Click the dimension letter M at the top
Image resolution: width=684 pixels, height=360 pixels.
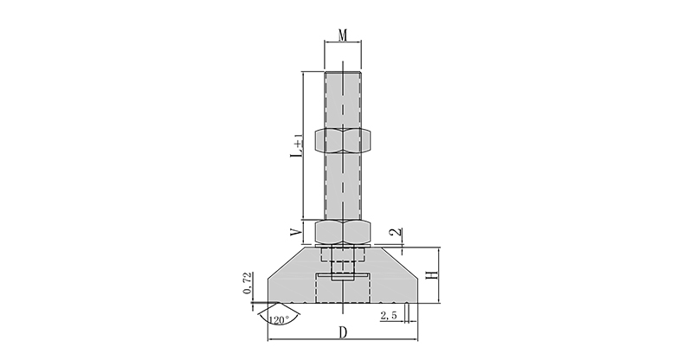click(343, 35)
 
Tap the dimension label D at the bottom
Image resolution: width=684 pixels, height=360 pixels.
click(344, 332)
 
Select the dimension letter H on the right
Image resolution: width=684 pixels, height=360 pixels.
click(432, 275)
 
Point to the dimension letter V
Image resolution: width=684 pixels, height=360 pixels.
click(297, 232)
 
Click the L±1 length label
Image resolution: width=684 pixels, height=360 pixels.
click(298, 146)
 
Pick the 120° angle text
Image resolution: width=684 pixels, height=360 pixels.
click(279, 320)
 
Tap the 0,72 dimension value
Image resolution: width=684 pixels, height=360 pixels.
click(248, 283)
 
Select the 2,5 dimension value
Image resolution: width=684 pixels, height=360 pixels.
click(388, 316)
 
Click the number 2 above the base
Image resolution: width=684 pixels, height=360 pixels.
click(397, 232)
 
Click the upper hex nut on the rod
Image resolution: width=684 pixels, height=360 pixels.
click(343, 140)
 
